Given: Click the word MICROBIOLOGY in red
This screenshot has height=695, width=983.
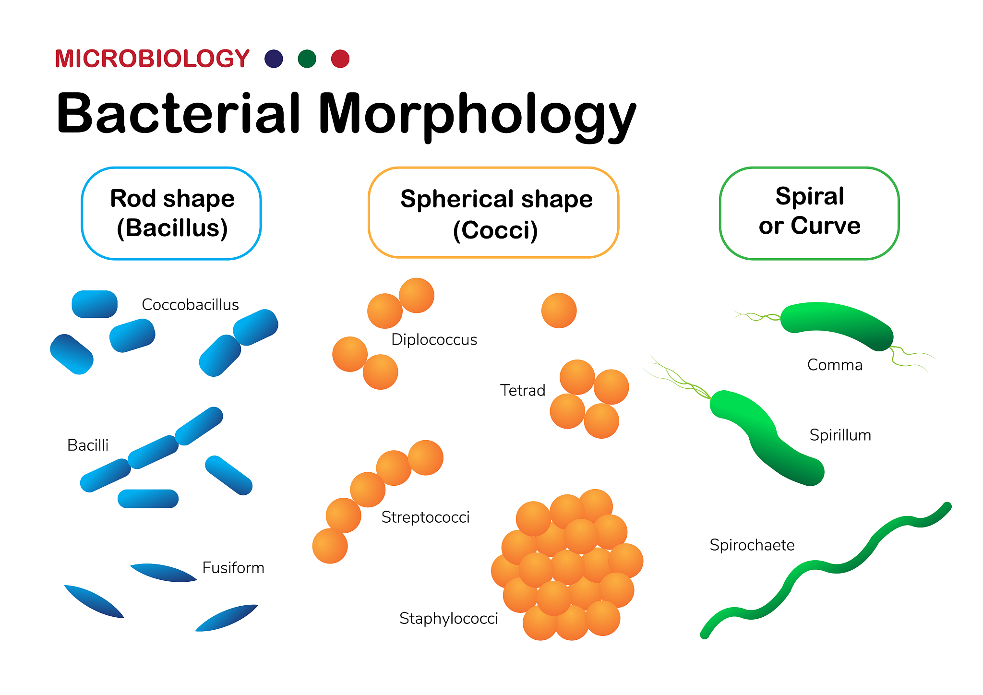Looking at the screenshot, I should click(x=152, y=59).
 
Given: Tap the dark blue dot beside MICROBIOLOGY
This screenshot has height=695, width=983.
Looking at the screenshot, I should click(x=274, y=59).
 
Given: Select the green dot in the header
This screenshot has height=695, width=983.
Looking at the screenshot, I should click(x=307, y=59).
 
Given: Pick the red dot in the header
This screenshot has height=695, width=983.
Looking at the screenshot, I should click(x=340, y=59).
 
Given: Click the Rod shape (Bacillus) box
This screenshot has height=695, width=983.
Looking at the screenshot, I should click(x=171, y=213).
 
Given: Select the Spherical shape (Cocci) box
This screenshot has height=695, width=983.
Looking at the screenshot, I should click(x=493, y=213).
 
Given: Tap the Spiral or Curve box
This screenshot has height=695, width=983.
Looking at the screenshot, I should click(x=809, y=213).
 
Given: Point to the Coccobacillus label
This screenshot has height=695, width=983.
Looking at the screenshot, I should click(x=190, y=304).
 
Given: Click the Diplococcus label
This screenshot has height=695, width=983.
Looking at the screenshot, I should click(x=434, y=339).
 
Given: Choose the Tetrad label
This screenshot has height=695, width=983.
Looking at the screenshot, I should click(x=522, y=390).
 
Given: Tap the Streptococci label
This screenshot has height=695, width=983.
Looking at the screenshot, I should click(x=425, y=517).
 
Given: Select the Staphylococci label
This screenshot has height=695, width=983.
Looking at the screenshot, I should click(x=448, y=618).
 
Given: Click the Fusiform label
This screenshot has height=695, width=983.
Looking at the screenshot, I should click(x=233, y=567).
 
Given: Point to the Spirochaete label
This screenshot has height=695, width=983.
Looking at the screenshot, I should click(x=752, y=545).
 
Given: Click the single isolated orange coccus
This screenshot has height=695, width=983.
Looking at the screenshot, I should click(x=559, y=311).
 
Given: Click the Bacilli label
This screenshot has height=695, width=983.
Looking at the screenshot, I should click(x=88, y=445).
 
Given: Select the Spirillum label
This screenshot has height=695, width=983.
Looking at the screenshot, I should click(x=840, y=435).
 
